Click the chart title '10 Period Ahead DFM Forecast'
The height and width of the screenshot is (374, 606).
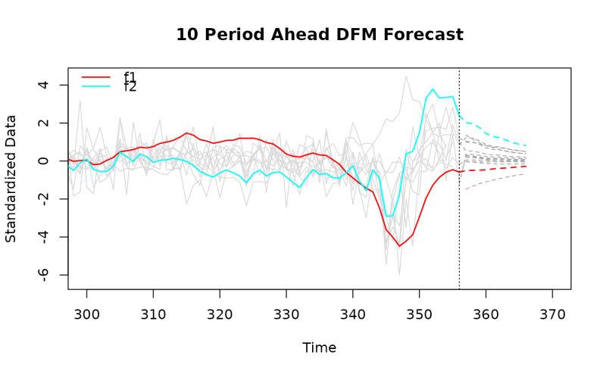point(319,35)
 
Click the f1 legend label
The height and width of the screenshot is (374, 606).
point(130,76)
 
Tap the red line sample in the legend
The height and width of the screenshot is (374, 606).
point(96,76)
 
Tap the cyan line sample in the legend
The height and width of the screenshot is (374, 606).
point(96,86)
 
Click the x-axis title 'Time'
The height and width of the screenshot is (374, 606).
point(319,348)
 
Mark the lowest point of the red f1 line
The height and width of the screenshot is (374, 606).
point(399,246)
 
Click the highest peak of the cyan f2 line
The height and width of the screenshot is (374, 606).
point(433,89)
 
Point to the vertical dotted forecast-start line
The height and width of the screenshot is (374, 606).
point(459,189)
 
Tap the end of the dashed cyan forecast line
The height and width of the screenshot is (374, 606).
point(526,145)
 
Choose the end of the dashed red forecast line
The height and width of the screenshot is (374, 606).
point(526,166)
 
